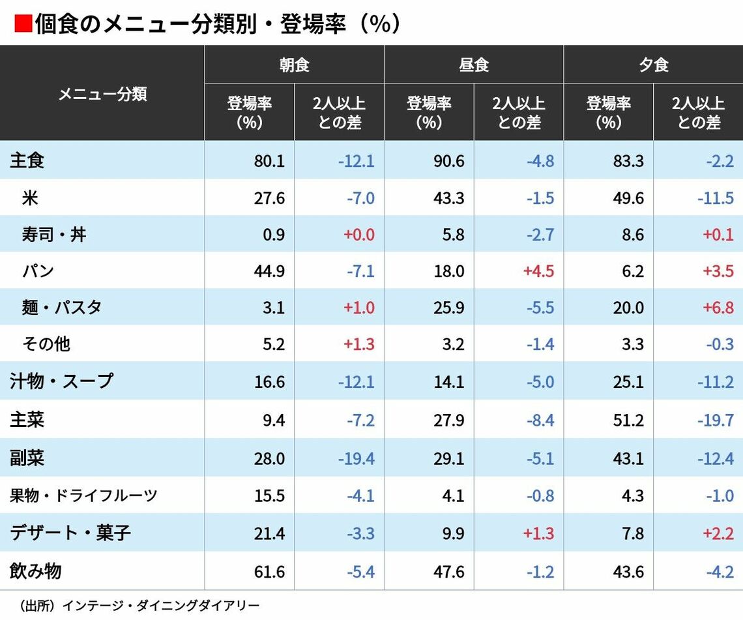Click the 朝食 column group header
coord(294,65)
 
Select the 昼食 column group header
coord(473,65)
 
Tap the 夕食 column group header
coord(653,65)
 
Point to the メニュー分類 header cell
coord(102,93)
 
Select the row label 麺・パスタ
coord(62,307)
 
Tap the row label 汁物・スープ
coord(61,381)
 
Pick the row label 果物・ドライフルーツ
coord(83,495)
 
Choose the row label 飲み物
coord(35,571)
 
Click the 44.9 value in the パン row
coord(269,271)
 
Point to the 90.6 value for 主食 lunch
coord(449,160)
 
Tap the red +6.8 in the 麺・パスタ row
coord(718,307)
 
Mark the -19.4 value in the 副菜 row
coord(356,458)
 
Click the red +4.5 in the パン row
coord(538,271)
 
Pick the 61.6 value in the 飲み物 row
coord(269,572)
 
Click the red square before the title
coord(23,24)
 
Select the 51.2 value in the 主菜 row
coord(628,420)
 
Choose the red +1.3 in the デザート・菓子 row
coord(538,534)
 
